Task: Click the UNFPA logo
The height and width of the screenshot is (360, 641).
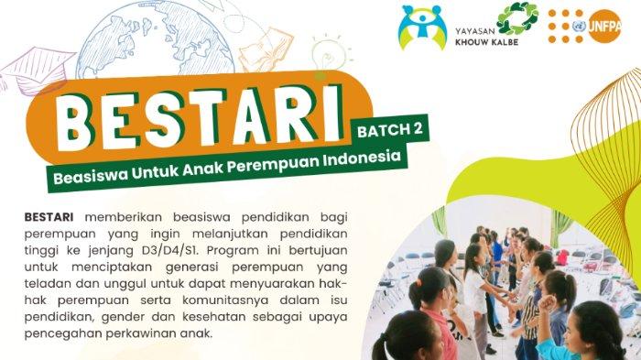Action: (x=584, y=27)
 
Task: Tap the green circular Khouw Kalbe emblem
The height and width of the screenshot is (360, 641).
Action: (x=517, y=18)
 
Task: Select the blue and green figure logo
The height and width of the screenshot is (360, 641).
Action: (x=422, y=27)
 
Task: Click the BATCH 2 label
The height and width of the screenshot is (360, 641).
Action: (x=389, y=130)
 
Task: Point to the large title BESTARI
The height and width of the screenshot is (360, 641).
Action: (x=200, y=118)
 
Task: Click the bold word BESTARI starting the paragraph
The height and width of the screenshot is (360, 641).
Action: (x=49, y=217)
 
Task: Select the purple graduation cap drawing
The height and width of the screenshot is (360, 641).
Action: (x=36, y=70)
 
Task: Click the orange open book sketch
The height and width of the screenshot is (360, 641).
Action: (x=265, y=49)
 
